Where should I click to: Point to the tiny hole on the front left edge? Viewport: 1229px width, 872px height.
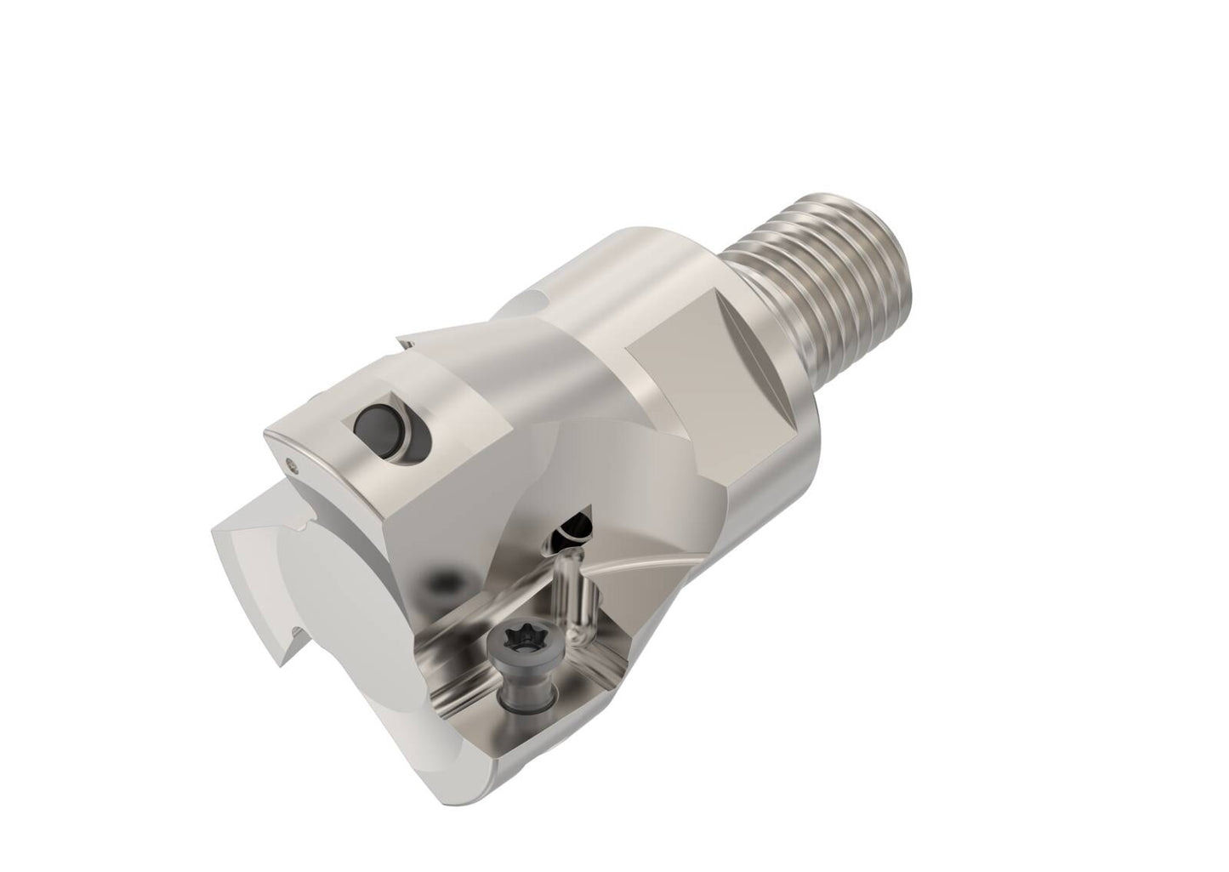294,464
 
